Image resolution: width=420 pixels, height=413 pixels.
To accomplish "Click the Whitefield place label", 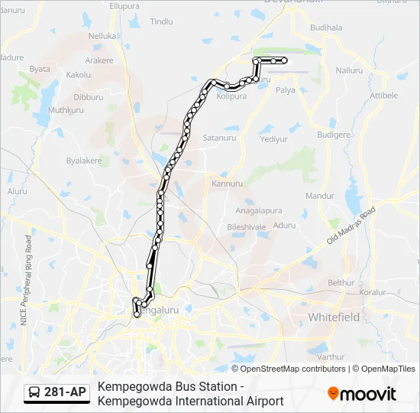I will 334,317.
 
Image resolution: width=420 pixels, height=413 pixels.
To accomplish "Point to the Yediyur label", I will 273,139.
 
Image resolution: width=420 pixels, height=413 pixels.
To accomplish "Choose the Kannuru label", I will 227,184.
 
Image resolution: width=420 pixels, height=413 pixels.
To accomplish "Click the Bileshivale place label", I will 246,227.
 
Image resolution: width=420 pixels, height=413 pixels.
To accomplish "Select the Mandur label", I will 320,196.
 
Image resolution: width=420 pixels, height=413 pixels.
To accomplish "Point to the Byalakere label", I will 83,161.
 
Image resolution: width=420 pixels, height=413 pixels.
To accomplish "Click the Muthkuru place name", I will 66,110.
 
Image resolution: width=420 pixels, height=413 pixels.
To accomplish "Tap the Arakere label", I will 99,60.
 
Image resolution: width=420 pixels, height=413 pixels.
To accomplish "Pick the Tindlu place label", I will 162,22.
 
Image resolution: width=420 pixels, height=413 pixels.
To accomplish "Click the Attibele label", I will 383,95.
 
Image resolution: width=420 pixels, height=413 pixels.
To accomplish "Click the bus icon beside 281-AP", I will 34,393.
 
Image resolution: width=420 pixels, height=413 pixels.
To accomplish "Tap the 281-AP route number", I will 65,393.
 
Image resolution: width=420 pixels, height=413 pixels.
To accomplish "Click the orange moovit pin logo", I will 334,393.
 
